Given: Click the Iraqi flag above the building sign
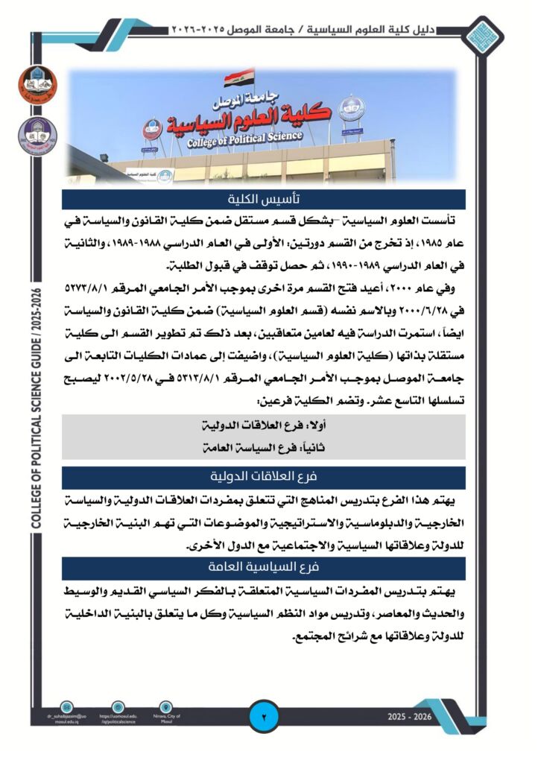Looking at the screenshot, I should click(x=231, y=77).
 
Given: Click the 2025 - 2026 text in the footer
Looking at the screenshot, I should click(x=410, y=717).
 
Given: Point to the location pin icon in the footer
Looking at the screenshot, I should click(x=166, y=706).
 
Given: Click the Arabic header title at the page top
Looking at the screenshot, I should click(x=314, y=29).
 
